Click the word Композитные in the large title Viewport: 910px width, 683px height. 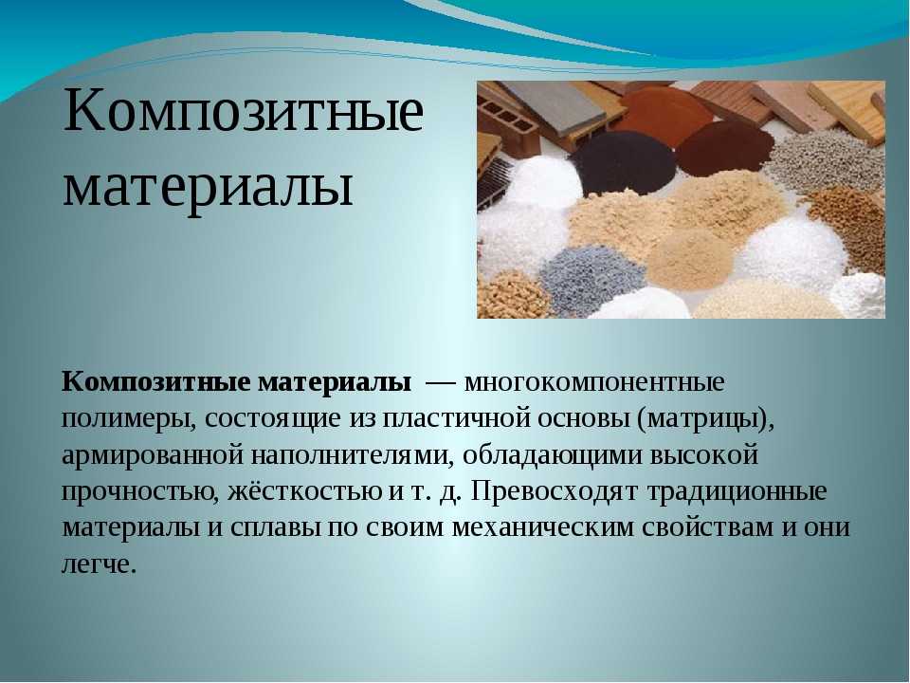point(244,112)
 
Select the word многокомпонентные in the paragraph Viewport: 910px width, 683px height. point(594,382)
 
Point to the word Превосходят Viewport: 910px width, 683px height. point(555,490)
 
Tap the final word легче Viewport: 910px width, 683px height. point(99,563)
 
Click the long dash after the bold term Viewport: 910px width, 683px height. point(441,384)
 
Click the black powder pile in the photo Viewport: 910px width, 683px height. point(624,161)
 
